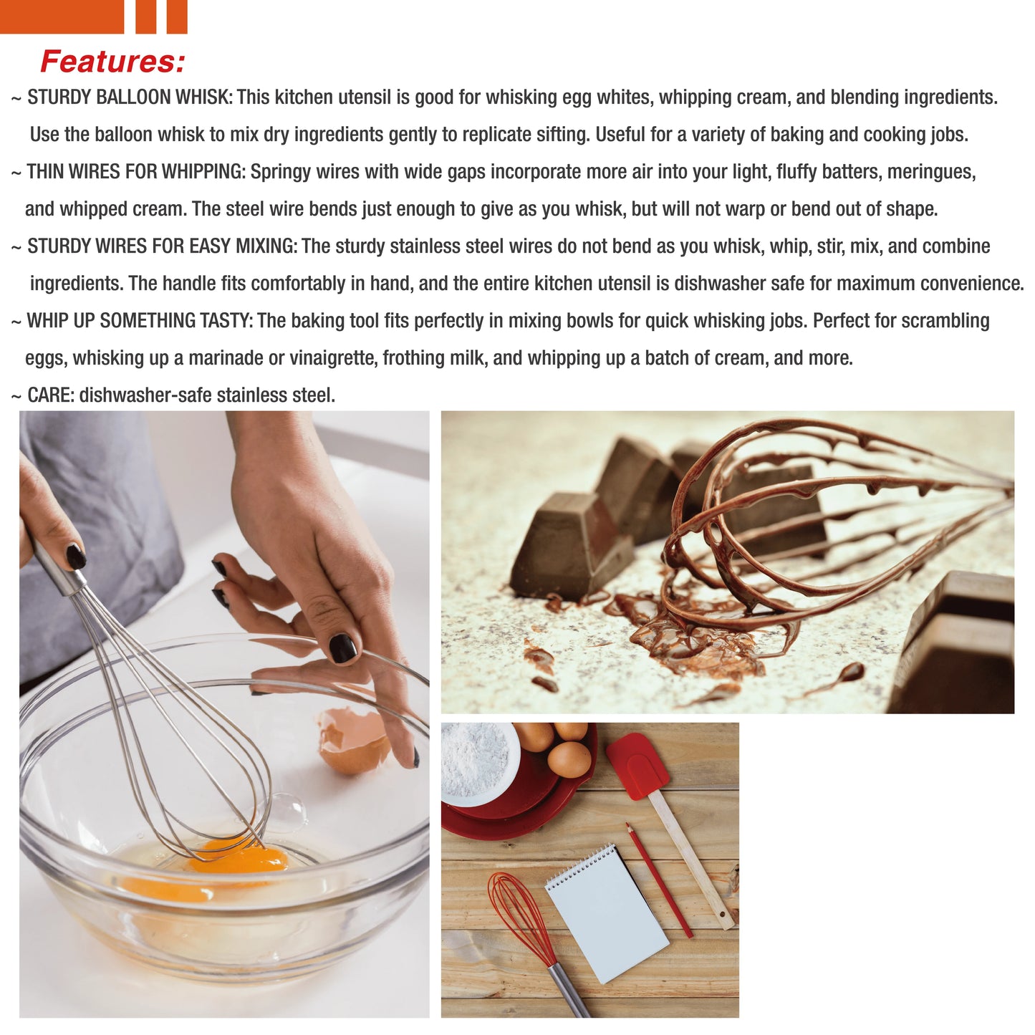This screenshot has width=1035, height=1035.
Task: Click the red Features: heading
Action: pos(112,62)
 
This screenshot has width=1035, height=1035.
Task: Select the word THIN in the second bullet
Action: pos(45,172)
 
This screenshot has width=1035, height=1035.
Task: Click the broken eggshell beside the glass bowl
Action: pos(352,741)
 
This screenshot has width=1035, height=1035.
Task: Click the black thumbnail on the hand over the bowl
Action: pos(342,648)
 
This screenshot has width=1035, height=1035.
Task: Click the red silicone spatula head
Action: pos(637,766)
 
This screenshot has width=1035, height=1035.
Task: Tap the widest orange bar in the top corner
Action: pos(62,16)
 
